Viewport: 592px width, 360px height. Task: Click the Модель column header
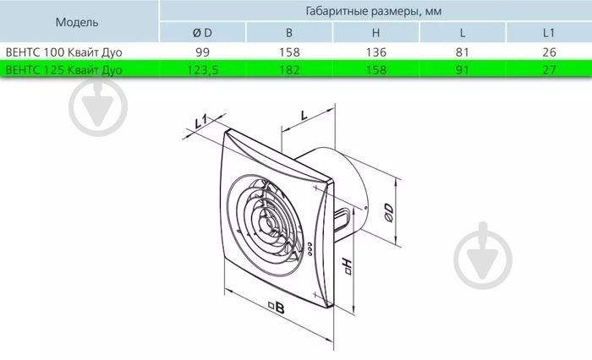coord(77,22)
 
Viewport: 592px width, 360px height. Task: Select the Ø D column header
coord(202,33)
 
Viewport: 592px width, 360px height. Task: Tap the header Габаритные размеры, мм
coord(374,11)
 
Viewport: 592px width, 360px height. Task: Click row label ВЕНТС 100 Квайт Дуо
coord(63,52)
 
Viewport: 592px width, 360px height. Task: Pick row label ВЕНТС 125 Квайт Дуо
coord(63,70)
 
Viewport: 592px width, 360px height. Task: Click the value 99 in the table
coord(202,52)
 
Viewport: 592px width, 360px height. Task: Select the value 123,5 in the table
coord(203,70)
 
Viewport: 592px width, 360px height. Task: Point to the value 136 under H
coord(376,52)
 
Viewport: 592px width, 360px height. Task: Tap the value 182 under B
coord(289,70)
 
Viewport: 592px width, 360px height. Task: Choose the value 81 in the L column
coord(462,52)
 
